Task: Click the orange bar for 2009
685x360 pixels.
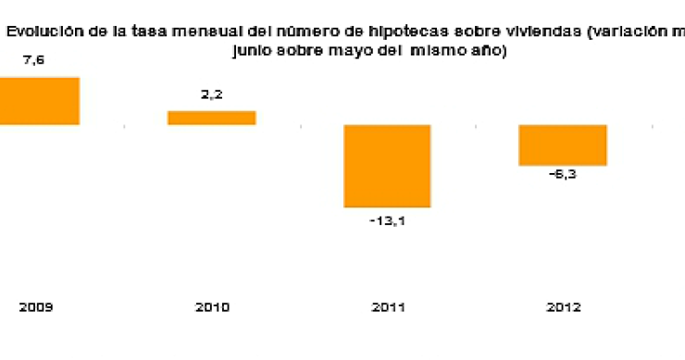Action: click(39, 101)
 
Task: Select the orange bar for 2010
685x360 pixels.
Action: click(211, 118)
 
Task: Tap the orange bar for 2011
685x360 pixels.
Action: click(387, 166)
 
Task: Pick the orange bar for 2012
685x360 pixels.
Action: click(562, 145)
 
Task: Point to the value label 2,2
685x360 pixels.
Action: click(211, 95)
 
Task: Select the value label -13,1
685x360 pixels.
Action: click(387, 221)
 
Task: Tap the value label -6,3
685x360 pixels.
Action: click(562, 180)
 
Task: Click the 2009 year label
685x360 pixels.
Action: click(34, 307)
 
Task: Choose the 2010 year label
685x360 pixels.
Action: click(211, 307)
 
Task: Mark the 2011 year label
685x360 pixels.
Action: click(387, 307)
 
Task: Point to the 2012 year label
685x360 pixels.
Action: click(562, 307)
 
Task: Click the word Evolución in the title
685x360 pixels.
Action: click(40, 31)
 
